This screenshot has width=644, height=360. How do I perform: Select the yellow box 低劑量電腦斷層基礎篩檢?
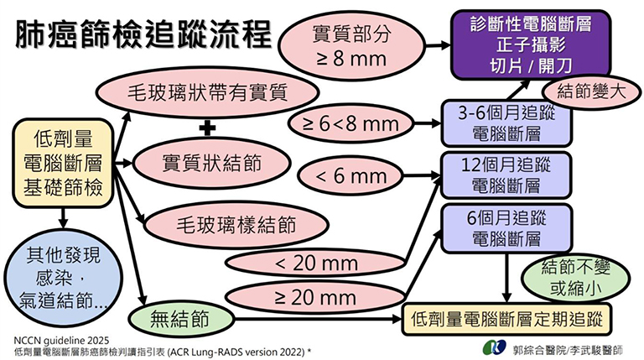[x=62, y=160]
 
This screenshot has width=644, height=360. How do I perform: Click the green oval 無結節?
[x=179, y=319]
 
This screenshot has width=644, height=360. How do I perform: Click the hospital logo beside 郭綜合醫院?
[x=495, y=347]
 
